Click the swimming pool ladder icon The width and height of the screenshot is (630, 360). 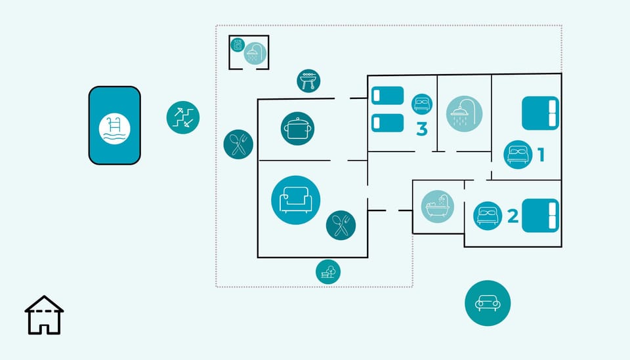pyautogui.click(x=114, y=129)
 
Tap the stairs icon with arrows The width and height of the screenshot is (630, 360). pyautogui.click(x=183, y=117)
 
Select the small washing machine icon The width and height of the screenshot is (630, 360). pyautogui.click(x=238, y=45)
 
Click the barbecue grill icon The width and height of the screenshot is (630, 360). pyautogui.click(x=308, y=81)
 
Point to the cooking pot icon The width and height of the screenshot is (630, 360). pyautogui.click(x=297, y=129)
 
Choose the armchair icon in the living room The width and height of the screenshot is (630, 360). pyautogui.click(x=296, y=200)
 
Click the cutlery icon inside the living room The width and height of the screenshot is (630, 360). pyautogui.click(x=341, y=225)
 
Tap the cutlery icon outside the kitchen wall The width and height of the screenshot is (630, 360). pyautogui.click(x=238, y=144)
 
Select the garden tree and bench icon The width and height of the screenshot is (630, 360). pyautogui.click(x=328, y=271)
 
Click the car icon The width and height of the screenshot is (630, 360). pyautogui.click(x=488, y=303)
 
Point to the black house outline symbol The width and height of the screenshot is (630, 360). pyautogui.click(x=44, y=315)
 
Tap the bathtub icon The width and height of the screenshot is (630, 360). pyautogui.click(x=438, y=207)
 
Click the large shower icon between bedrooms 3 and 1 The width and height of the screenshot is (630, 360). pyautogui.click(x=464, y=113)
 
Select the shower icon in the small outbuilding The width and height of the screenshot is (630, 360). pyautogui.click(x=255, y=53)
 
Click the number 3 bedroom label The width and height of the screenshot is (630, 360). pyautogui.click(x=422, y=129)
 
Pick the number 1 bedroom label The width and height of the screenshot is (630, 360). pyautogui.click(x=541, y=155)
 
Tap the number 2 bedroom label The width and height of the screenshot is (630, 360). pyautogui.click(x=513, y=216)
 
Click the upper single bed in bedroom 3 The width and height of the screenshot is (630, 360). pyautogui.click(x=387, y=96)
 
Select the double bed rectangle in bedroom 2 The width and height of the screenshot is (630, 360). pyautogui.click(x=540, y=216)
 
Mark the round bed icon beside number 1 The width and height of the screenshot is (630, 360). pyautogui.click(x=518, y=155)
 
